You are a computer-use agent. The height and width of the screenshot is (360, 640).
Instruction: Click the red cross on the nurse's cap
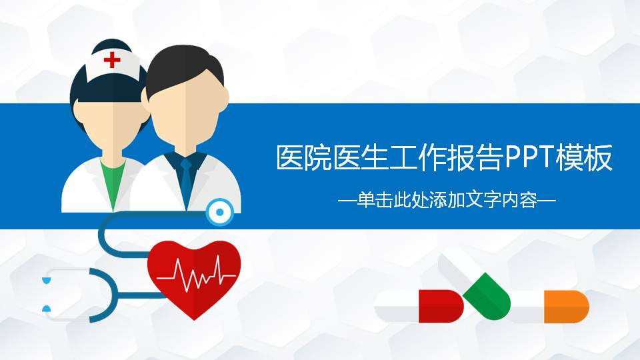click(x=112, y=61)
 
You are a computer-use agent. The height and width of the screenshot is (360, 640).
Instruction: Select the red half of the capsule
click(x=440, y=306)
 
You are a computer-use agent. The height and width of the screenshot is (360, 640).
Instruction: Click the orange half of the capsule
click(x=566, y=306)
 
